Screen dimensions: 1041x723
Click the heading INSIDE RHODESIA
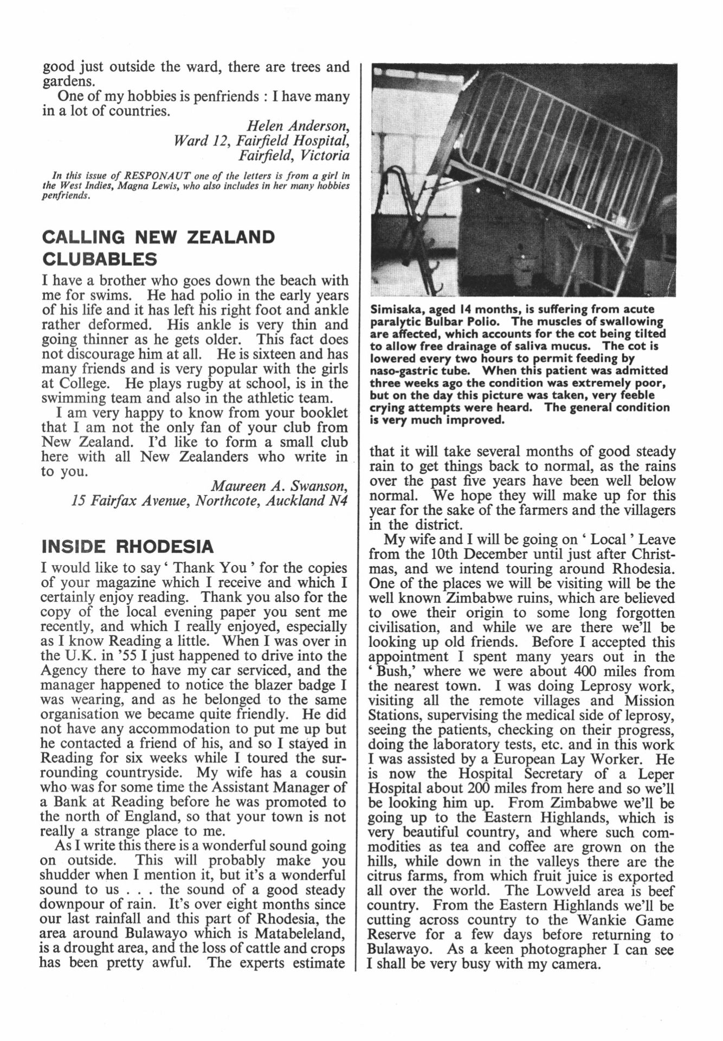[127, 546]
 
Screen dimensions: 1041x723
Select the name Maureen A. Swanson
[279, 485]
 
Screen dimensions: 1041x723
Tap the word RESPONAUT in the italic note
[154, 176]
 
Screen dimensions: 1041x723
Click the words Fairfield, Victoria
[294, 156]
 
